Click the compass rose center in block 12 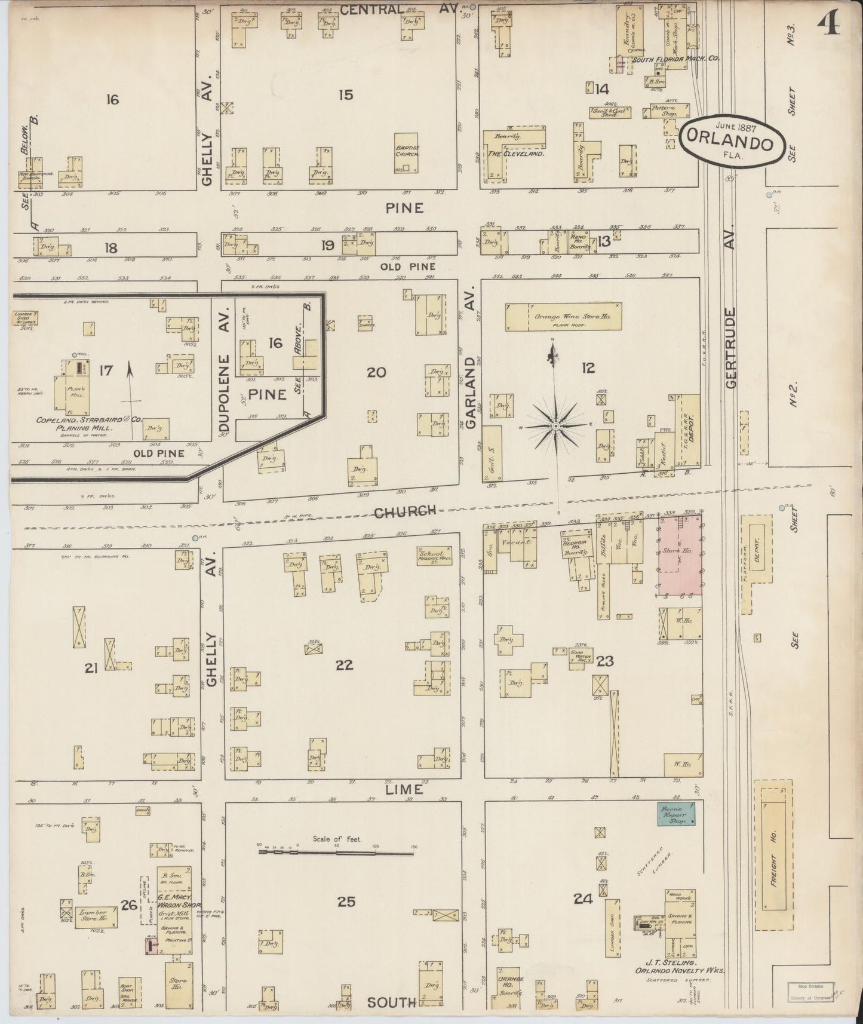[x=555, y=425]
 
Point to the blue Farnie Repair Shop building [x=675, y=814]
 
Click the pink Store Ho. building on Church [x=680, y=556]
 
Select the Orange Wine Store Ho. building [x=563, y=317]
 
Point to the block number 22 [x=344, y=664]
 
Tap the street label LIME [x=405, y=789]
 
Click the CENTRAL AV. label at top [x=400, y=9]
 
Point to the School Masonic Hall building [x=434, y=556]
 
